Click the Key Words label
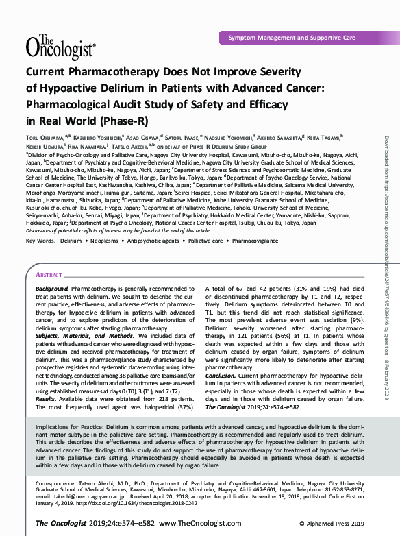pos(40,241)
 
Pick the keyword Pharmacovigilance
pos(256,241)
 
